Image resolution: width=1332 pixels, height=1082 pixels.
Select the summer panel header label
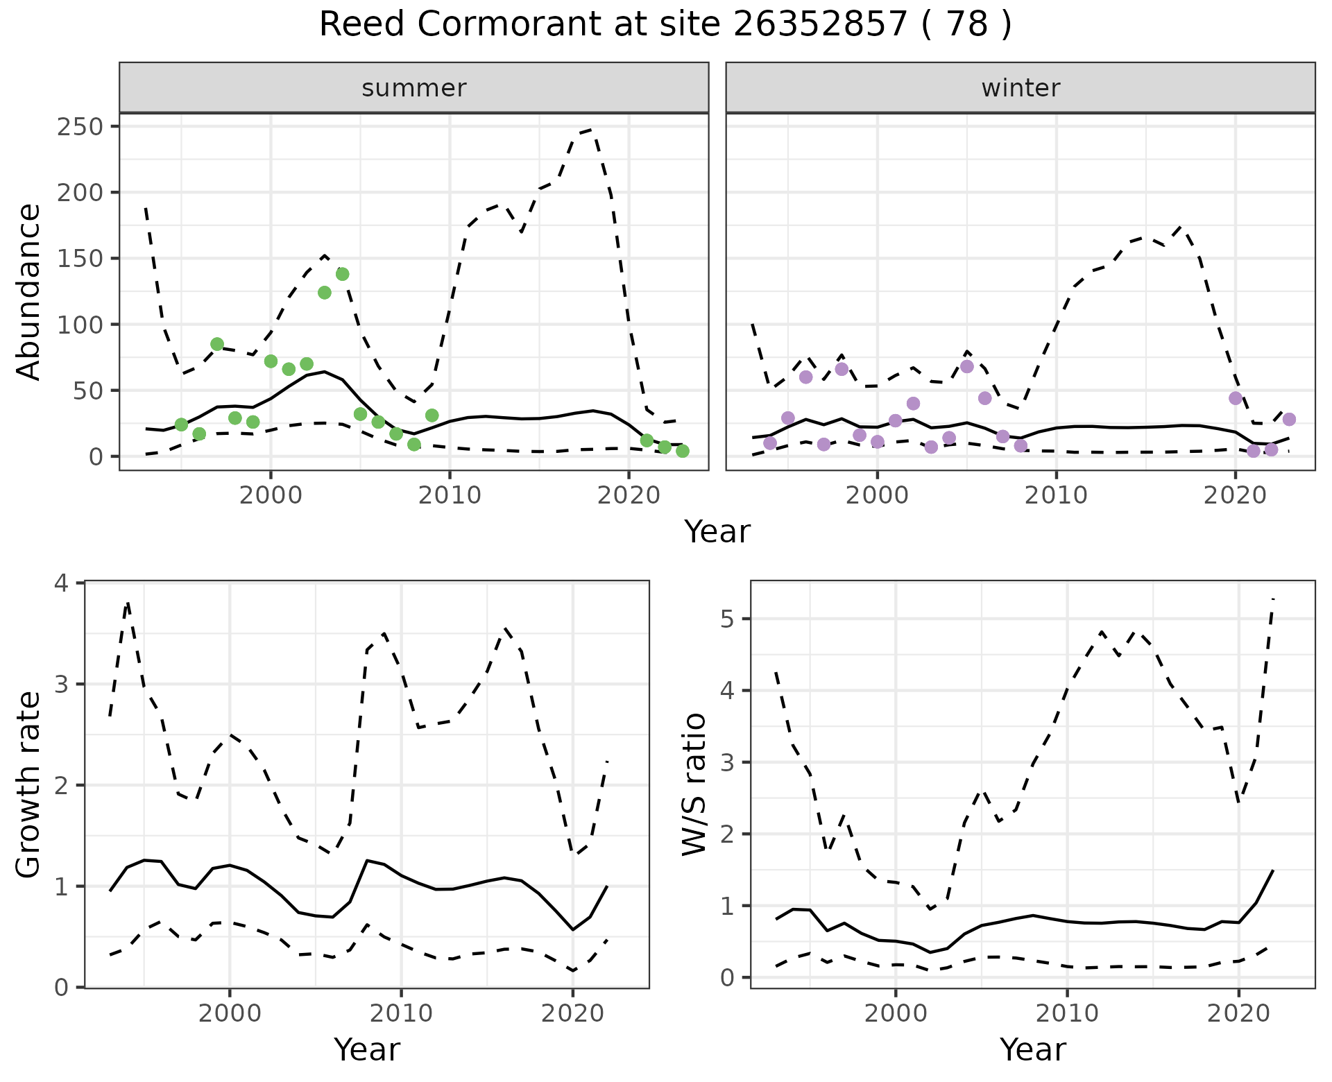tap(414, 88)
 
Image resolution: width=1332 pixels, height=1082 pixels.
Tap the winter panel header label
tap(1021, 88)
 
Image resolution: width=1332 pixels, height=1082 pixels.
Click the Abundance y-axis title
tap(29, 291)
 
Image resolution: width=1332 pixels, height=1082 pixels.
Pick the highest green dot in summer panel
tap(342, 274)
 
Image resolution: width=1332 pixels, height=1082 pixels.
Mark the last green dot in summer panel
tap(682, 451)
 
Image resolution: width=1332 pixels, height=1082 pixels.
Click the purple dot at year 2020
tap(1235, 398)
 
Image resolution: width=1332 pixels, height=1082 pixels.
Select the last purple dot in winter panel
tap(1289, 419)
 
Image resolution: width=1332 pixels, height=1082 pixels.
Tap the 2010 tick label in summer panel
tap(450, 496)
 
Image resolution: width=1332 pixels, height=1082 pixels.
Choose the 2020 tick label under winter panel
tap(1235, 496)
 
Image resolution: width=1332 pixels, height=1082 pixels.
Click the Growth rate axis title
tap(29, 784)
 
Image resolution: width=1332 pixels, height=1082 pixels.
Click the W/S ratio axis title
tap(694, 784)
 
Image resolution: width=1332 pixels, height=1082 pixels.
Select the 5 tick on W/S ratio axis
tap(728, 619)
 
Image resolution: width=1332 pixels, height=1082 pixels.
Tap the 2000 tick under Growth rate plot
tap(230, 1013)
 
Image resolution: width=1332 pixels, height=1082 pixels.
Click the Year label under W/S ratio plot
tap(1032, 1049)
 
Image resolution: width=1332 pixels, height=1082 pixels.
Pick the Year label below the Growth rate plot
tap(367, 1049)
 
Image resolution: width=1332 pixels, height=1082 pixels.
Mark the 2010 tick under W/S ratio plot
tap(1067, 1013)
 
